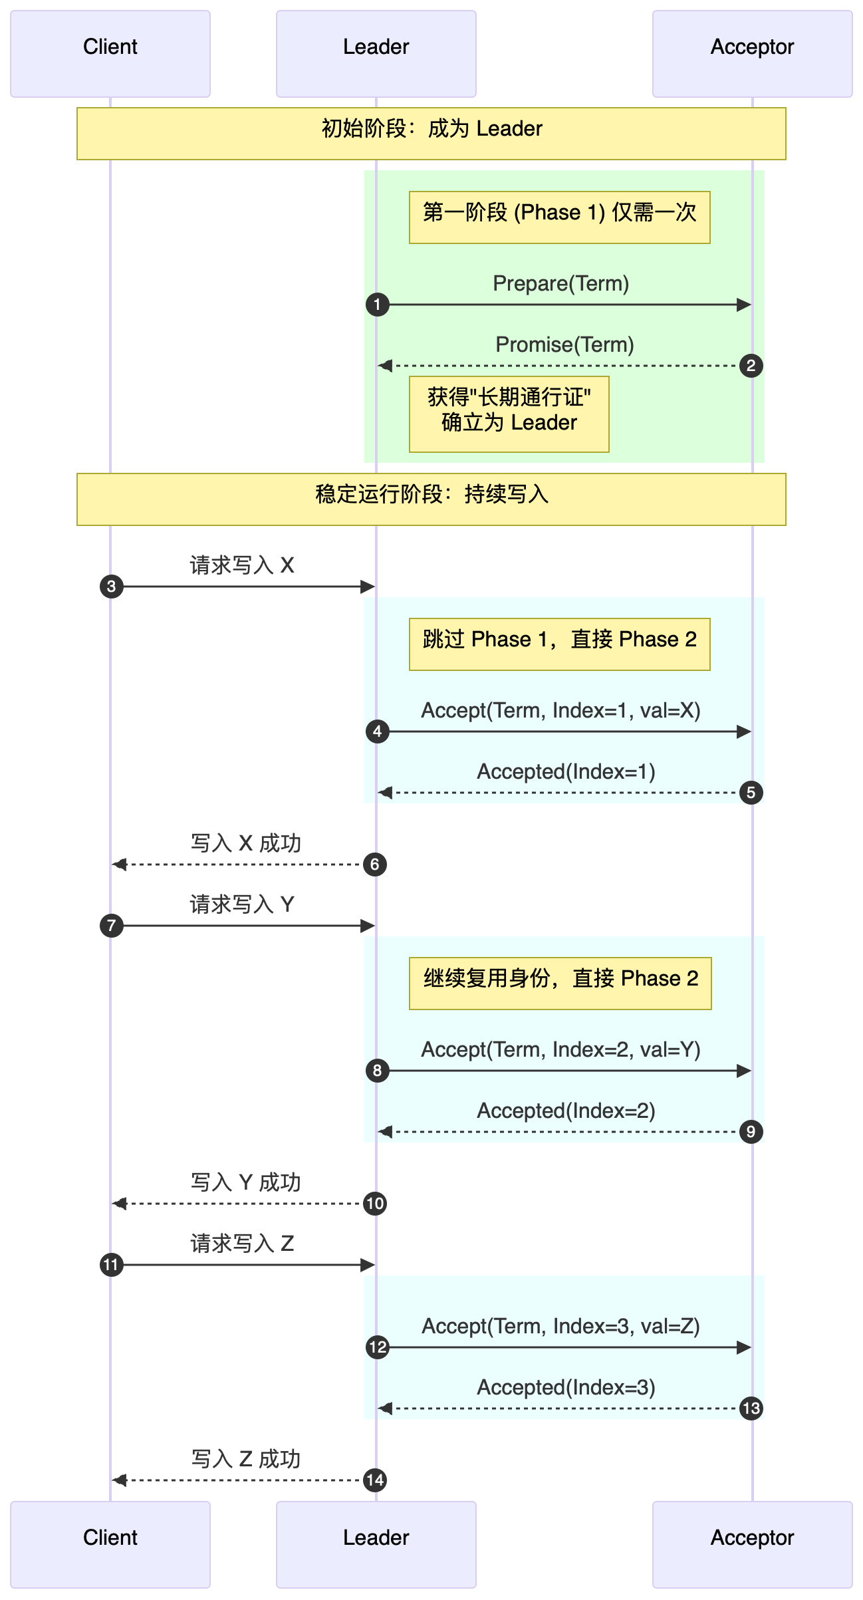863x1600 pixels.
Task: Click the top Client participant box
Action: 110,53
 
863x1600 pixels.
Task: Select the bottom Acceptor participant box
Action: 752,1544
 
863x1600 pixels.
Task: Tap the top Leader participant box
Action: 376,53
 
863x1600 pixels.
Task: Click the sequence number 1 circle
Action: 377,305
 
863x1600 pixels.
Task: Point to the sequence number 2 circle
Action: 751,366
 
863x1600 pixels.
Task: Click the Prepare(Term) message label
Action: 560,284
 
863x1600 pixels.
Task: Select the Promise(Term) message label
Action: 564,345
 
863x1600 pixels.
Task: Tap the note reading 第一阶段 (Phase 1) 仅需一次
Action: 559,217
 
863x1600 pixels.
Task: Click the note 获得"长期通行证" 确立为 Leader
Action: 509,414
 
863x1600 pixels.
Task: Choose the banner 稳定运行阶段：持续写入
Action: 431,499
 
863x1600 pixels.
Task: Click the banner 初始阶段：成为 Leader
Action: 431,134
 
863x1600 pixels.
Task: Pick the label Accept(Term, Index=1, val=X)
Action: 560,711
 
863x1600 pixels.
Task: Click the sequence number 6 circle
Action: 375,865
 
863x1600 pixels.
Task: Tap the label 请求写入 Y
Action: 242,904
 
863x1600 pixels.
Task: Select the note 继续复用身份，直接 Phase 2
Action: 560,984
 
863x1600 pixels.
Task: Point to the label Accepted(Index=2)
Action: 566,1111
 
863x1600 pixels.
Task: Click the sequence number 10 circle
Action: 375,1204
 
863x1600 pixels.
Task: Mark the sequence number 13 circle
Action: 751,1408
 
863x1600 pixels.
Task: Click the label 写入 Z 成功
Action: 245,1460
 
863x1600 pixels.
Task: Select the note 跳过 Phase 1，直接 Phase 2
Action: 559,644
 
